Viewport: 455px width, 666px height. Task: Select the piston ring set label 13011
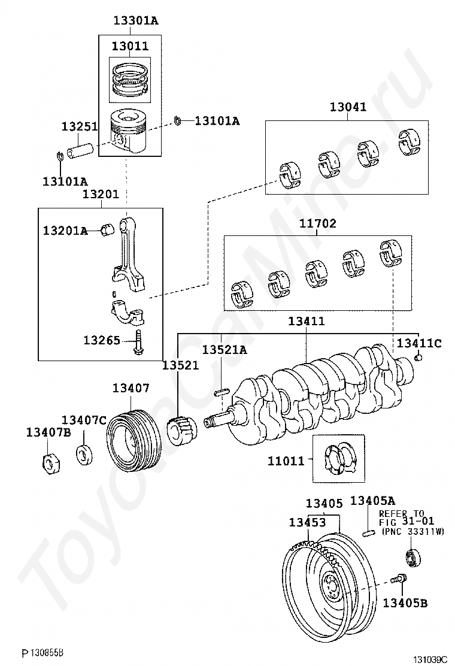(130, 46)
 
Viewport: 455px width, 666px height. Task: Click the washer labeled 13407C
(84, 453)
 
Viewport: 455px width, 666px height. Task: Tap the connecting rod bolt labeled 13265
(138, 343)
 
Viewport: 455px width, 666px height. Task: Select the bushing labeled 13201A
(106, 230)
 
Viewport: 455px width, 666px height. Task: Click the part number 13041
(348, 107)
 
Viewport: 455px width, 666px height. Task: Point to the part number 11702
(318, 223)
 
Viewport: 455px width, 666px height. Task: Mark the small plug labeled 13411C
(419, 358)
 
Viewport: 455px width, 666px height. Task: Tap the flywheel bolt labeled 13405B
(398, 579)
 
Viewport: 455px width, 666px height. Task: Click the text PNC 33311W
(413, 531)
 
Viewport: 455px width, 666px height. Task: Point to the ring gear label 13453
(307, 522)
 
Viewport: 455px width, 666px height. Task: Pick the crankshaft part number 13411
(306, 322)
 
